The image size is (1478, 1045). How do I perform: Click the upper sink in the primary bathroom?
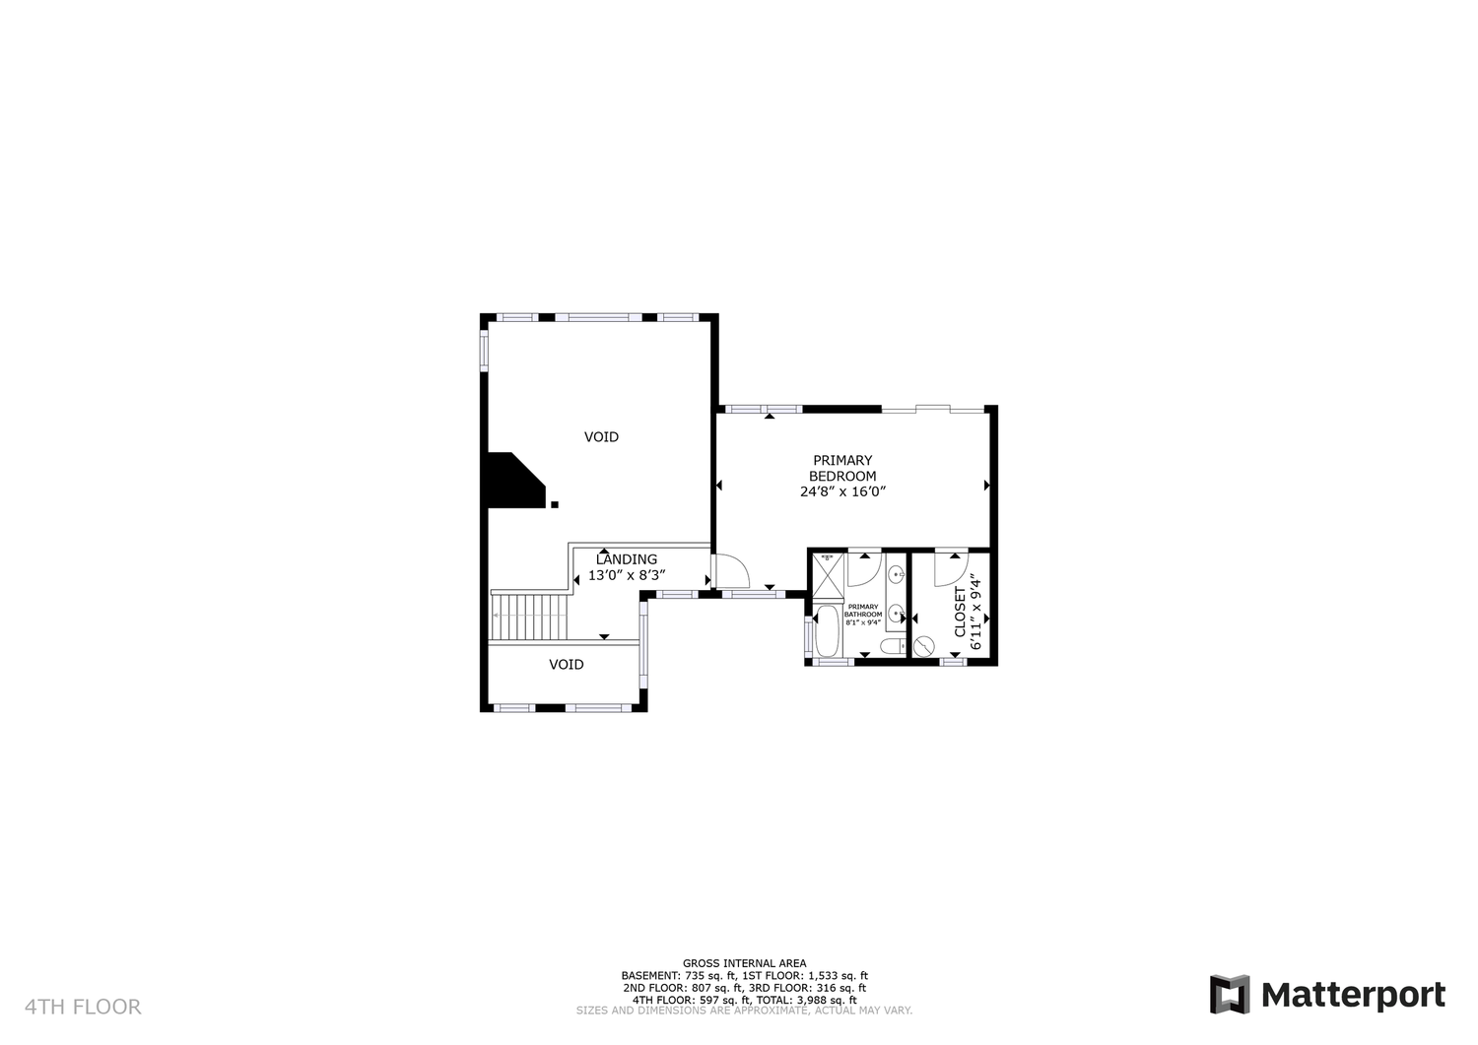[x=897, y=575]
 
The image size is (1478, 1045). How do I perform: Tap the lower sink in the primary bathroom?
[x=897, y=614]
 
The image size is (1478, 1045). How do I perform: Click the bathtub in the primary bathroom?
[x=827, y=631]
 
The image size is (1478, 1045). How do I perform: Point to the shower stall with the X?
[x=828, y=576]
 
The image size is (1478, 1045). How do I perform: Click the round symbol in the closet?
[x=924, y=645]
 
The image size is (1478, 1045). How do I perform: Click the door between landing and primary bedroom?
[x=732, y=570]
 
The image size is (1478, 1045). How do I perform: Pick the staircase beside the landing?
[x=529, y=617]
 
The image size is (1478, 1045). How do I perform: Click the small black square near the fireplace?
[x=555, y=504]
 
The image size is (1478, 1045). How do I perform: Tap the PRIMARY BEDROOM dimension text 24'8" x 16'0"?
[x=842, y=491]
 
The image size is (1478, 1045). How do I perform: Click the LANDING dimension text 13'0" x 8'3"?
[x=627, y=575]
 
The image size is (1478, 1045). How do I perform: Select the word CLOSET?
[x=960, y=613]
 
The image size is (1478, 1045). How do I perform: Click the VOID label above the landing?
[x=602, y=436]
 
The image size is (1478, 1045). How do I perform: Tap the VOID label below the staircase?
[x=567, y=665]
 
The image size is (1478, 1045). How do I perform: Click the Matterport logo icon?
[x=1230, y=994]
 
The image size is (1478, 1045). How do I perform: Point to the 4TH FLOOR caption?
[x=83, y=1007]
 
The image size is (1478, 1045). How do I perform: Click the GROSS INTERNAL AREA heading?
[x=744, y=964]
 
